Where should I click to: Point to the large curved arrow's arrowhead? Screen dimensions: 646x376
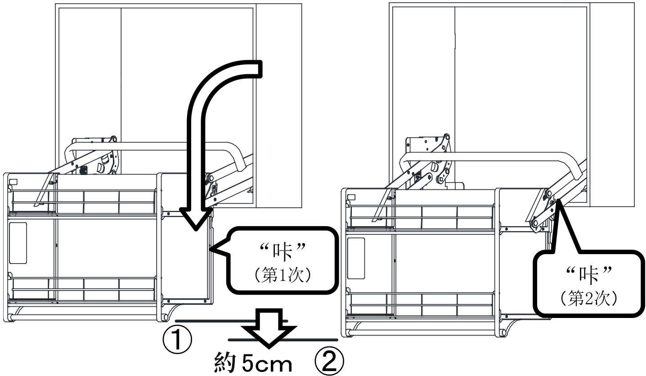point(195,218)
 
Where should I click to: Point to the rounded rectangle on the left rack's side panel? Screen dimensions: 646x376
point(18,243)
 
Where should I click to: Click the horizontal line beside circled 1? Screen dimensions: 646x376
point(211,321)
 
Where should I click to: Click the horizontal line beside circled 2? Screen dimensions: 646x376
point(315,339)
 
